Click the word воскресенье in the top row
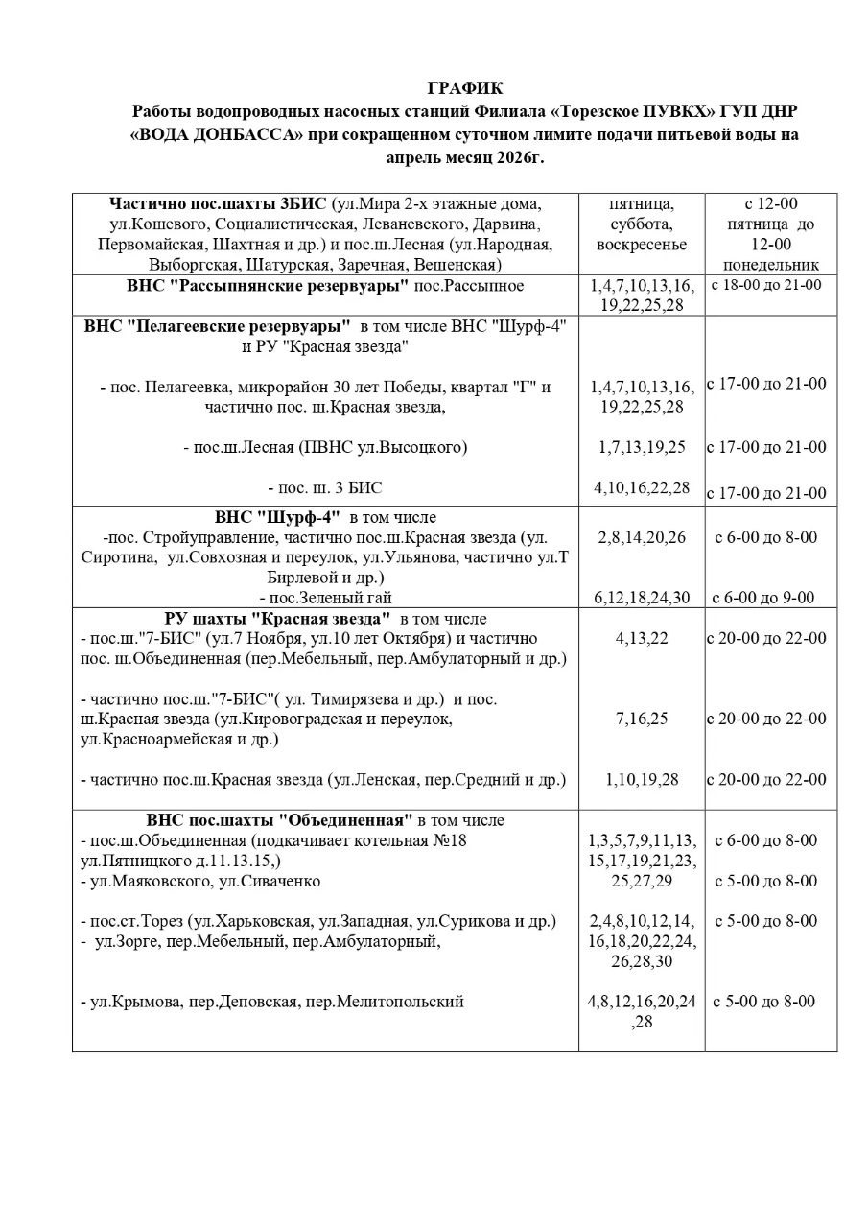pos(642,245)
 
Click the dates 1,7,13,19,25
pos(641,447)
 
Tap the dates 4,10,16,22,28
pos(641,487)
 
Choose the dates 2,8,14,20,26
pos(641,537)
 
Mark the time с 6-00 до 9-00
pos(764,598)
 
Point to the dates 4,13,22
pos(641,638)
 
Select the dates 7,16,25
pos(641,719)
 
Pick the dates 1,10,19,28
pos(641,779)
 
